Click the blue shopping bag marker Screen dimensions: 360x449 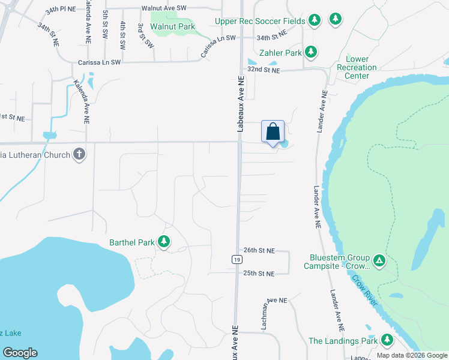pyautogui.click(x=273, y=131)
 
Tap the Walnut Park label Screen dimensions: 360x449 pyautogui.click(x=173, y=27)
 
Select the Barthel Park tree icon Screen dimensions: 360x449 pyautogui.click(x=163, y=242)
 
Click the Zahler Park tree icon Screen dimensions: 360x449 pyautogui.click(x=310, y=53)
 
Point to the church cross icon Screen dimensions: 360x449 pyautogui.click(x=79, y=154)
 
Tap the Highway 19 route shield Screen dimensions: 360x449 pyautogui.click(x=237, y=259)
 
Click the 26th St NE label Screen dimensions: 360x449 pyautogui.click(x=259, y=250)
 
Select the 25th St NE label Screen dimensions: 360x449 pyautogui.click(x=259, y=274)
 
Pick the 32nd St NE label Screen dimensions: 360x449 pyautogui.click(x=265, y=70)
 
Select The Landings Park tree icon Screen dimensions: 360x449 pyautogui.click(x=387, y=340)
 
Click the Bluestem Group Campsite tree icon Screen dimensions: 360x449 pyautogui.click(x=379, y=260)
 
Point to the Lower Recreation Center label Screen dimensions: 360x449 pyautogui.click(x=357, y=67)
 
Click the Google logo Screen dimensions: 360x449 pyautogui.click(x=20, y=353)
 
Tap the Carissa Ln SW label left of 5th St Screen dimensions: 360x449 pyautogui.click(x=100, y=62)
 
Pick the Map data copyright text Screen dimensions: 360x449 pyautogui.click(x=412, y=355)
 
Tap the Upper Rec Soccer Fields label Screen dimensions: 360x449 pyautogui.click(x=261, y=21)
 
